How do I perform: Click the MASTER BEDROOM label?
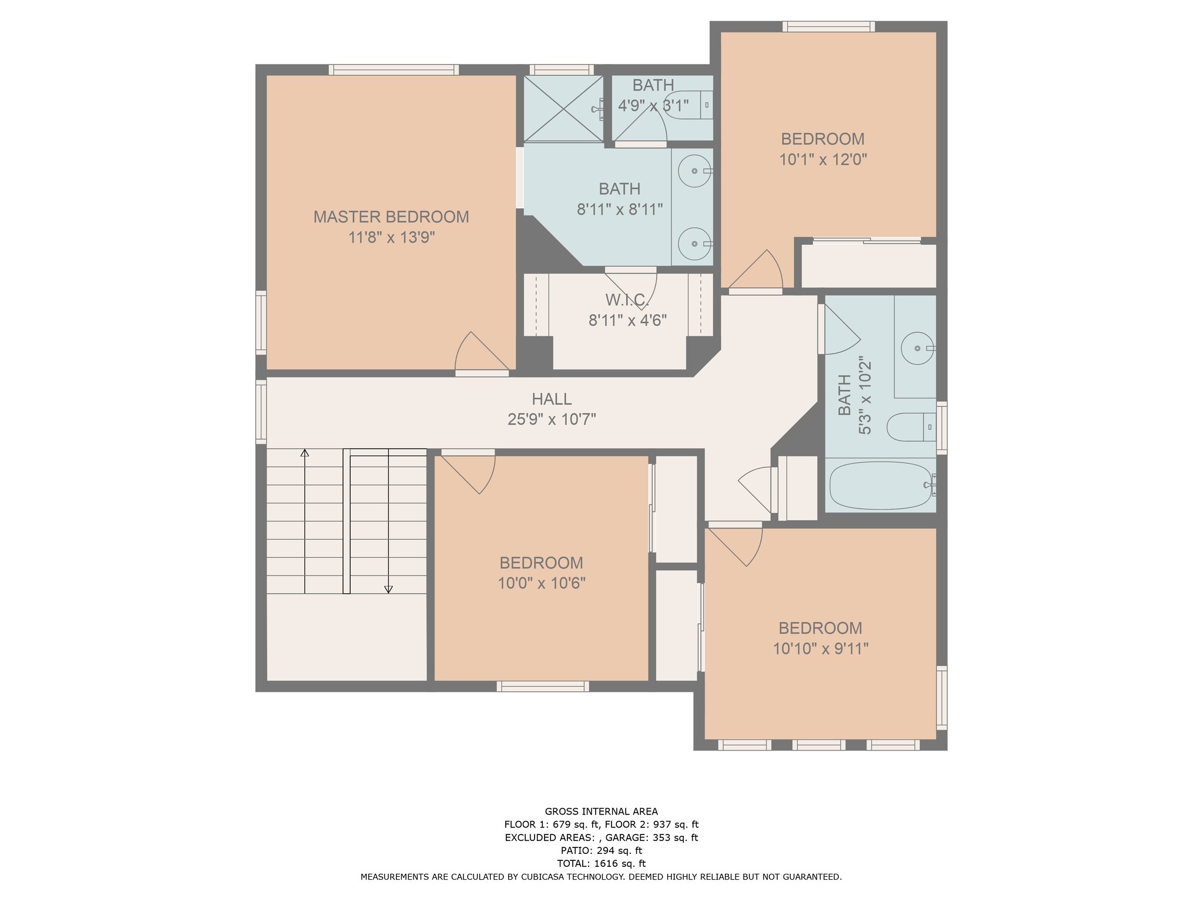tap(391, 217)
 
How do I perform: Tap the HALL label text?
tap(552, 399)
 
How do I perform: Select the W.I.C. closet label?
tap(627, 300)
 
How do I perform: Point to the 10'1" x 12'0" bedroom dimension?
tap(823, 160)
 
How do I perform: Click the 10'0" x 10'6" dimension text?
tap(542, 583)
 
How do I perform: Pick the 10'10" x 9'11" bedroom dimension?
tap(821, 648)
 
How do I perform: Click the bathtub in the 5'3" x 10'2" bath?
tap(881, 485)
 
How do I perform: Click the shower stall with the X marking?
tap(563, 109)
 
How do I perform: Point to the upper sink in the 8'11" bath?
tap(695, 171)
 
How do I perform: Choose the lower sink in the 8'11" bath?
tap(695, 244)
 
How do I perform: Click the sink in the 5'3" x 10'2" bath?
tap(918, 348)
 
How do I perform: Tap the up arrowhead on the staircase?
tap(305, 453)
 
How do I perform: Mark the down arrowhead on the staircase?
tap(388, 590)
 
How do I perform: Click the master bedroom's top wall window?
tap(394, 70)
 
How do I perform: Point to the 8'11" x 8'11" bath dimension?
tap(620, 210)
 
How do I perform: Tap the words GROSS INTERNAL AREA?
tap(601, 812)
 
